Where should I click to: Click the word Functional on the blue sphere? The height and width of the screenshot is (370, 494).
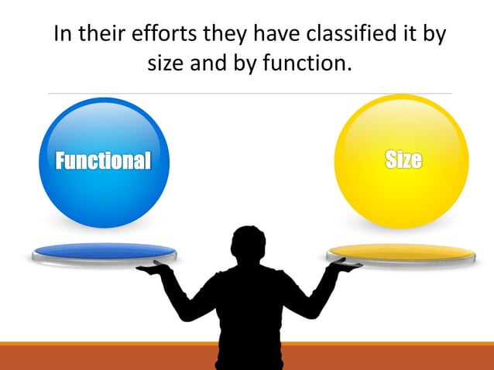coord(102,160)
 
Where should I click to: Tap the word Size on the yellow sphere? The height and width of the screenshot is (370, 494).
coord(403,159)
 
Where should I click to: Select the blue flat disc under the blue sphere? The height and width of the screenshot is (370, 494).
coord(104,252)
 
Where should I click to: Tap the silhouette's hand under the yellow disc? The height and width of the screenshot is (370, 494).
coord(345,266)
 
